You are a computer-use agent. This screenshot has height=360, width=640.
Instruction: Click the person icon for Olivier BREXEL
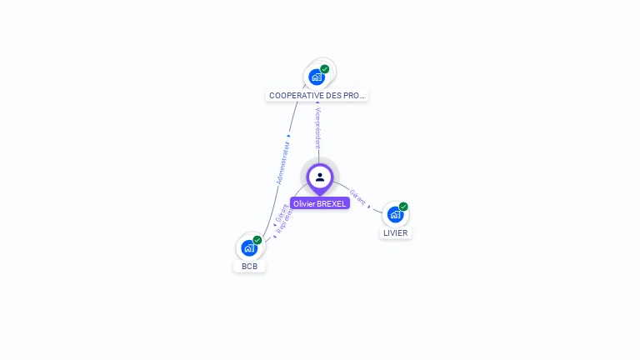[319, 177]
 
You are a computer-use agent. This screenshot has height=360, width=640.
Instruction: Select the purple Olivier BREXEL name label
[319, 203]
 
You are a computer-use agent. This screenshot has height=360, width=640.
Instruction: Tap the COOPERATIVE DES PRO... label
[317, 96]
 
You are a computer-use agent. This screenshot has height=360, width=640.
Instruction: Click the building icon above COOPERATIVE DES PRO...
[316, 77]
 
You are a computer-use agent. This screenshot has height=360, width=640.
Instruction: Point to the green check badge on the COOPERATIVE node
[324, 69]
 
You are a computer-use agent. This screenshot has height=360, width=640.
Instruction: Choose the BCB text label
[249, 267]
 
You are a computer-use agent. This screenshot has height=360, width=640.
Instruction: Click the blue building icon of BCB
[248, 248]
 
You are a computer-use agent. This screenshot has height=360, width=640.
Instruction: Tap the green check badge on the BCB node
[257, 240]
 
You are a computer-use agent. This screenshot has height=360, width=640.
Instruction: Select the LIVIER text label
[395, 233]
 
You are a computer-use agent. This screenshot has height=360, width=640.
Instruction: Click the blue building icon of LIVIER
[395, 214]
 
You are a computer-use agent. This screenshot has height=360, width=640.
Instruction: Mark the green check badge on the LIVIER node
[403, 207]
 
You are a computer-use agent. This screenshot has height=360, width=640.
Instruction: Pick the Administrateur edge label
[283, 162]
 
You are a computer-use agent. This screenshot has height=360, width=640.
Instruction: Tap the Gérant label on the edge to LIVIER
[357, 197]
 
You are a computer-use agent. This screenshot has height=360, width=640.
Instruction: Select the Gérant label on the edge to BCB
[282, 212]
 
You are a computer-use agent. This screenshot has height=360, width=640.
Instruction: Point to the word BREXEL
[331, 203]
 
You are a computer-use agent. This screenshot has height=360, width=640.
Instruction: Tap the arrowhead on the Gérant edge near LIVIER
[369, 206]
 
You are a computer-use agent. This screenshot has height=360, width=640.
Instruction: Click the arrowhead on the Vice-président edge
[317, 103]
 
